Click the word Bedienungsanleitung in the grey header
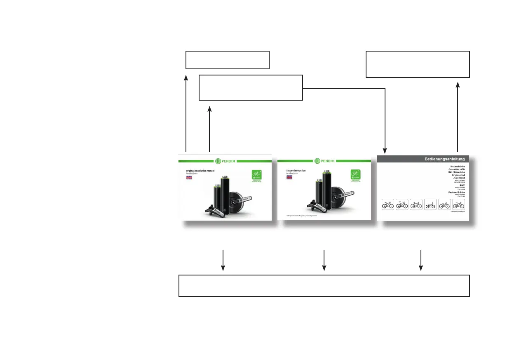pyautogui.click(x=445, y=159)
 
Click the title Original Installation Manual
pyautogui.click(x=200, y=171)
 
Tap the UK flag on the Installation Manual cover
pyautogui.click(x=190, y=178)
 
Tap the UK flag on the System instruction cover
pyautogui.click(x=289, y=177)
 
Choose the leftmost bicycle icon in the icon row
pyautogui.click(x=388, y=204)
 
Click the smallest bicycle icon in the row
pyautogui.click(x=430, y=205)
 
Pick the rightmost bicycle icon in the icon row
pyautogui.click(x=458, y=204)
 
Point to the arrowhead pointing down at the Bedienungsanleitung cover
pyautogui.click(x=385, y=149)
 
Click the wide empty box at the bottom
pyautogui.click(x=324, y=285)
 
